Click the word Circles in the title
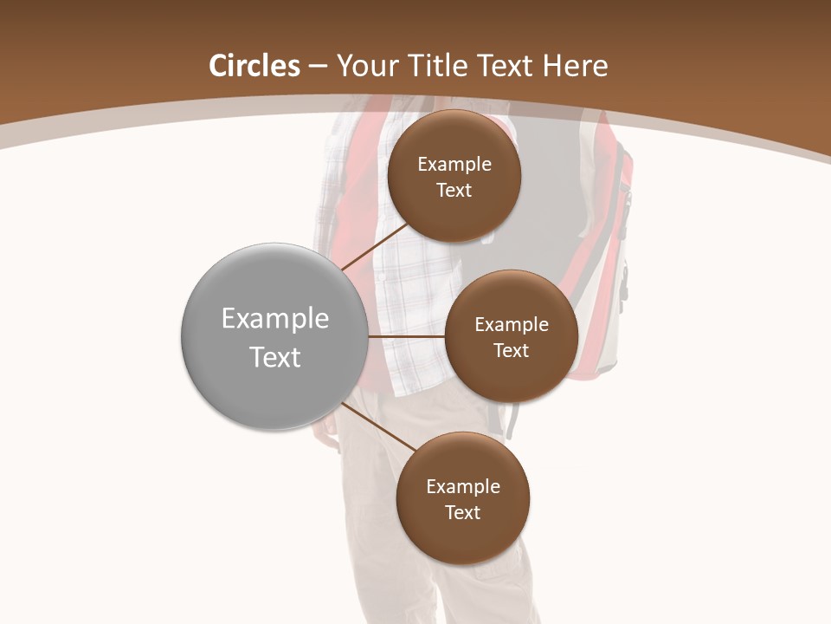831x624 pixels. (254, 66)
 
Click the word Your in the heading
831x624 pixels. (367, 66)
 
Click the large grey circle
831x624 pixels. (274, 390)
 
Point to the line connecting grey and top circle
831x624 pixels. (374, 246)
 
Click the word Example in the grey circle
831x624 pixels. (275, 319)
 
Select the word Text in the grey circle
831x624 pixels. (275, 357)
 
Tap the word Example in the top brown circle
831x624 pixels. (454, 165)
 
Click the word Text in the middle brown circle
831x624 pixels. (511, 351)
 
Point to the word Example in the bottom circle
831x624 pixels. (463, 487)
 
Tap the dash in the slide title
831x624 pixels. (318, 66)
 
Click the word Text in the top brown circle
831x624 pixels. (454, 191)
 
